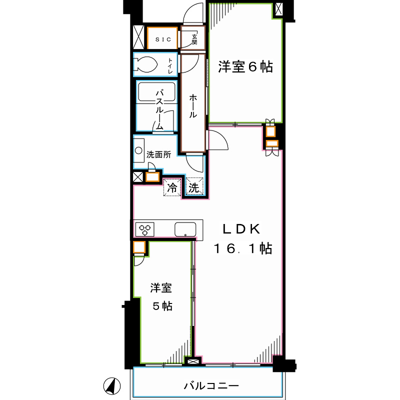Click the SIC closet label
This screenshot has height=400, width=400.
(x=162, y=38)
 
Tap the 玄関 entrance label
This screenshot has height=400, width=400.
(x=194, y=38)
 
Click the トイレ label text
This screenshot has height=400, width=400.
(x=170, y=65)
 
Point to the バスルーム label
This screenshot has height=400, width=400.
(x=159, y=109)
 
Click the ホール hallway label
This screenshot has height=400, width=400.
(x=192, y=105)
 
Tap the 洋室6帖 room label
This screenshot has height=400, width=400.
(x=245, y=67)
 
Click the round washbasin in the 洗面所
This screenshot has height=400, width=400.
(x=138, y=149)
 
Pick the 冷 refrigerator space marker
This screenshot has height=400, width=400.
(x=172, y=188)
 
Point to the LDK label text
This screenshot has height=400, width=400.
(x=241, y=229)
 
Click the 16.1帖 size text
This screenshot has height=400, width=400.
(x=243, y=248)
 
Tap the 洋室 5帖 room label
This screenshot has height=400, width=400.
(x=162, y=296)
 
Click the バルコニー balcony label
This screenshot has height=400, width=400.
(x=211, y=386)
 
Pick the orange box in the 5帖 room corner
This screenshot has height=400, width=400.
(x=139, y=247)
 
